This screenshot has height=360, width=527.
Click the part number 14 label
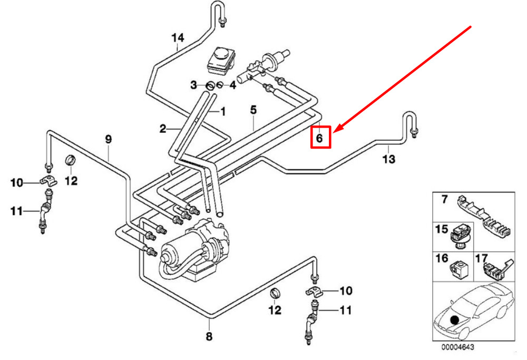pyautogui.click(x=178, y=37)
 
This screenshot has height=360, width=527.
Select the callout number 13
pyautogui.click(x=388, y=159)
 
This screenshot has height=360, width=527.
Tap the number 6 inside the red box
pyautogui.click(x=319, y=138)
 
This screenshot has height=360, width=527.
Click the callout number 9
pyautogui.click(x=109, y=140)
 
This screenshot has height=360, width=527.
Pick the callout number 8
pyautogui.click(x=209, y=336)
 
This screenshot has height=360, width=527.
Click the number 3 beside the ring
pyautogui.click(x=193, y=85)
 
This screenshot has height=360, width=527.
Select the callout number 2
pyautogui.click(x=163, y=128)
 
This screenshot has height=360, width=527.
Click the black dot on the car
pyautogui.click(x=454, y=318)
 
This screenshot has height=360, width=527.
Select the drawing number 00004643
pyautogui.click(x=458, y=348)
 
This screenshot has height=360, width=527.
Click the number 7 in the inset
pyautogui.click(x=444, y=199)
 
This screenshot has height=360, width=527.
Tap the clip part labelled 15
pyautogui.click(x=461, y=236)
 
